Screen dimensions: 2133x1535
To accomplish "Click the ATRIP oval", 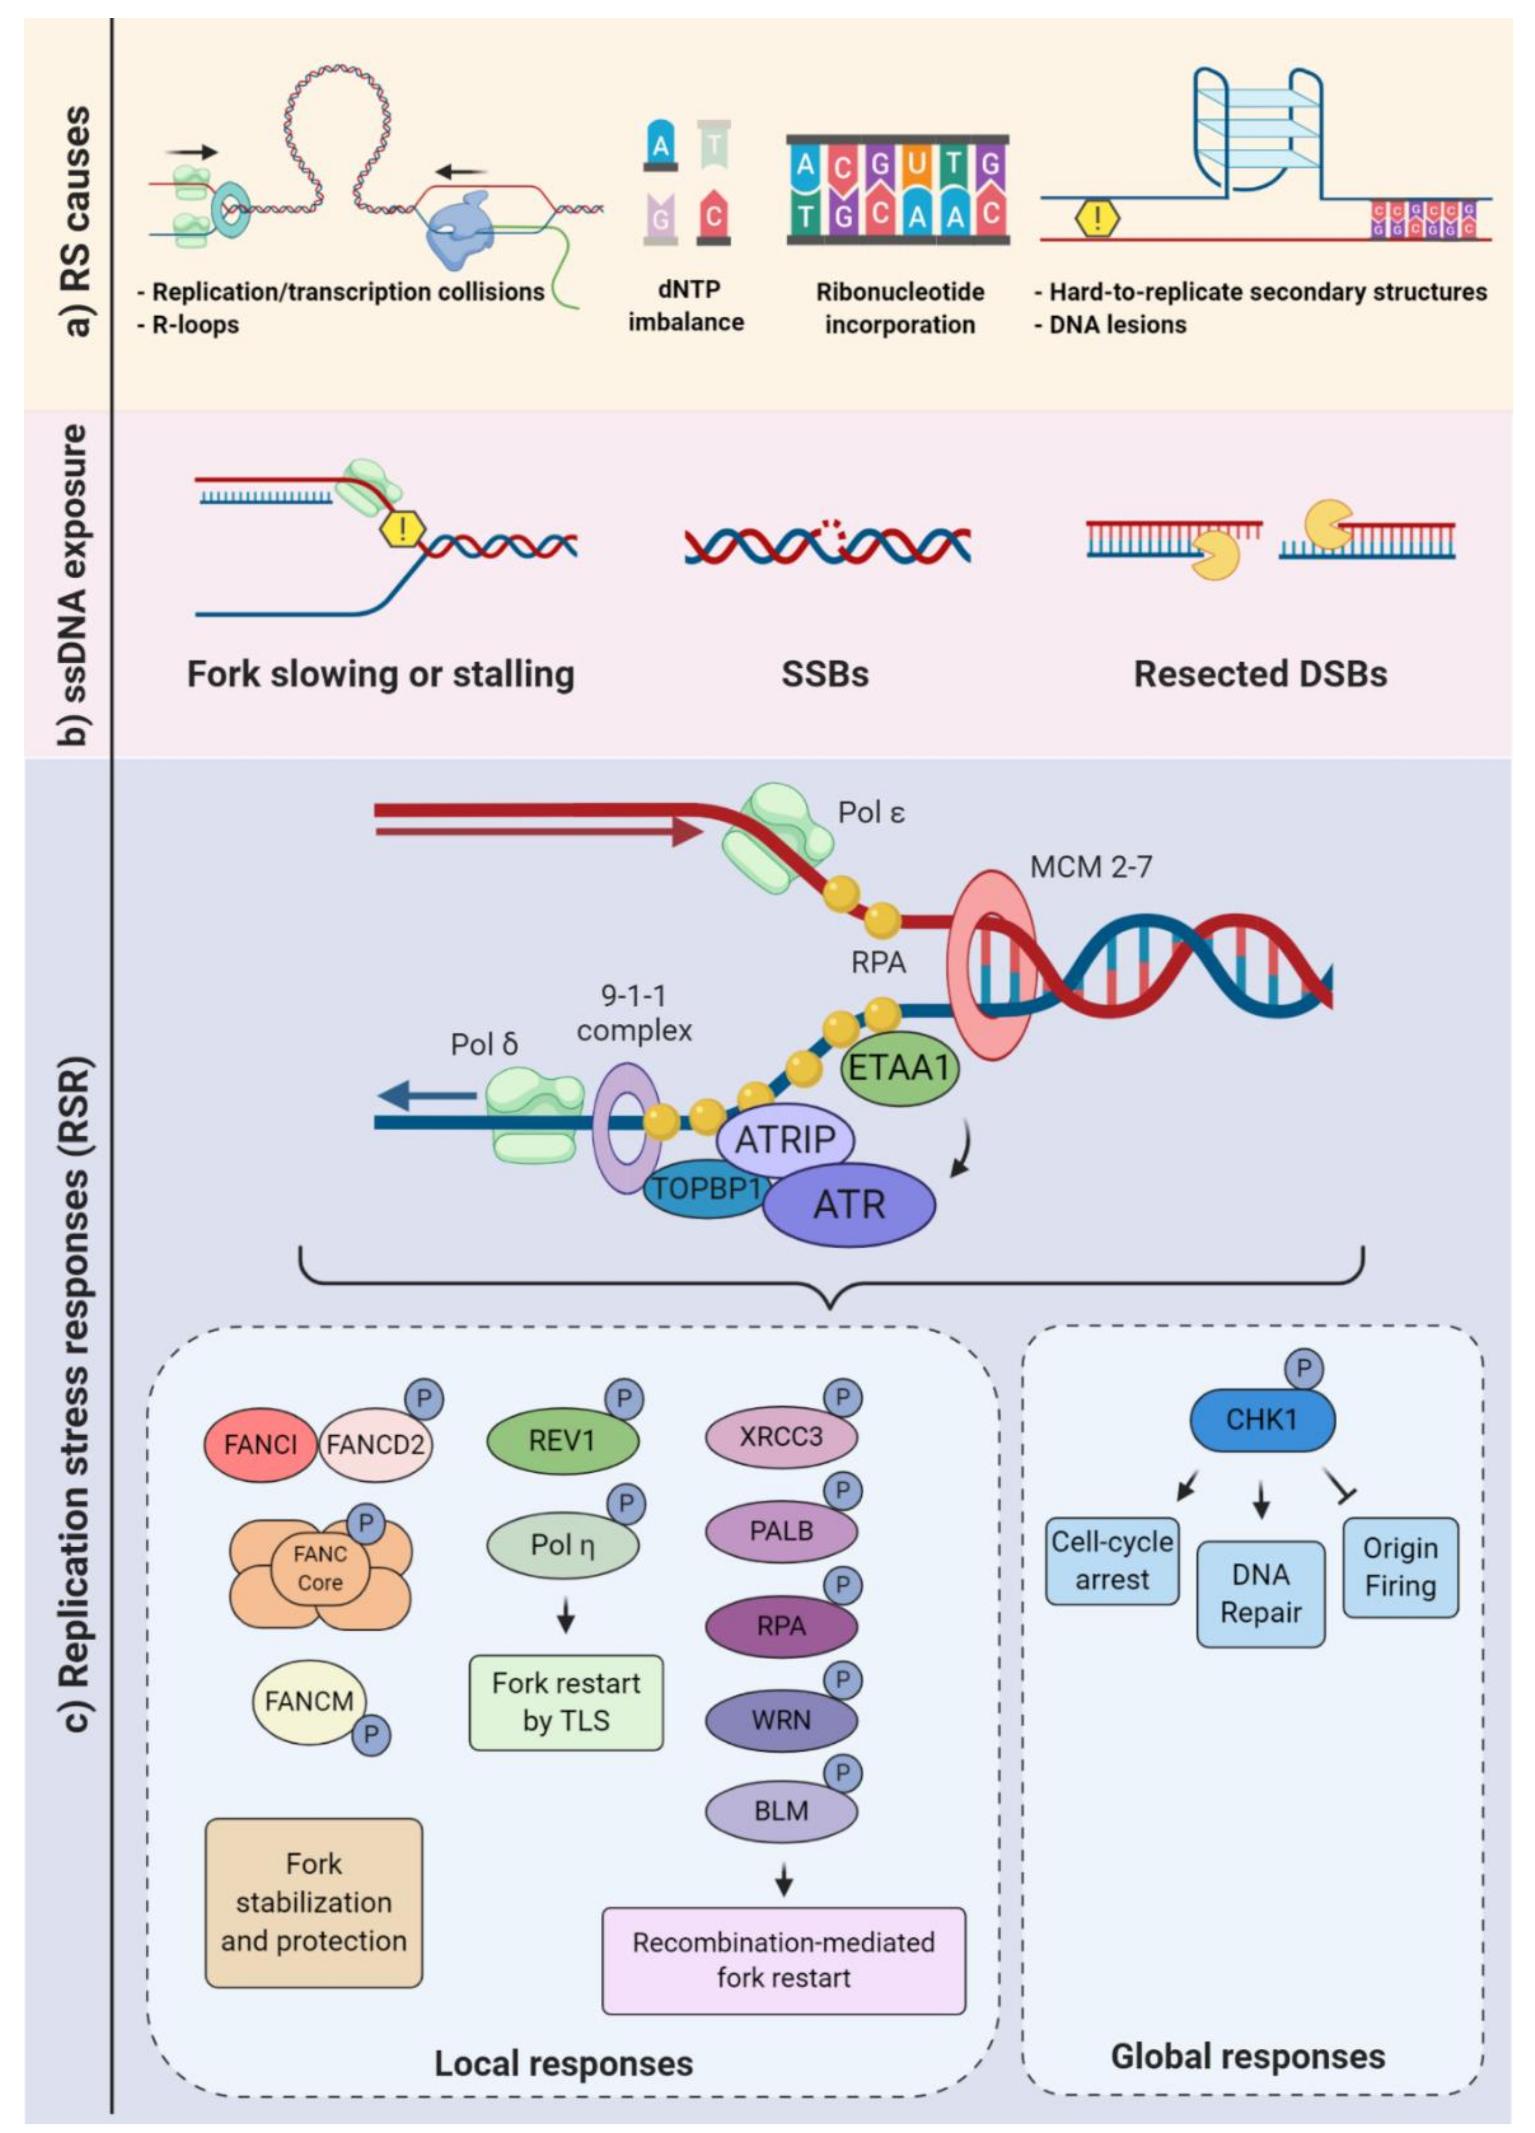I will coord(784,1139).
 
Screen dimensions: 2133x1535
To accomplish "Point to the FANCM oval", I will coord(308,1700).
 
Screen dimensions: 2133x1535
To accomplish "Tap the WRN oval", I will coord(781,1719).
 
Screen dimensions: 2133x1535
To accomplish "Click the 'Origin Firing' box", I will coord(1400,1567).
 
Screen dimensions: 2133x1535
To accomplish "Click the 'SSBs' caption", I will coord(825,674).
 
